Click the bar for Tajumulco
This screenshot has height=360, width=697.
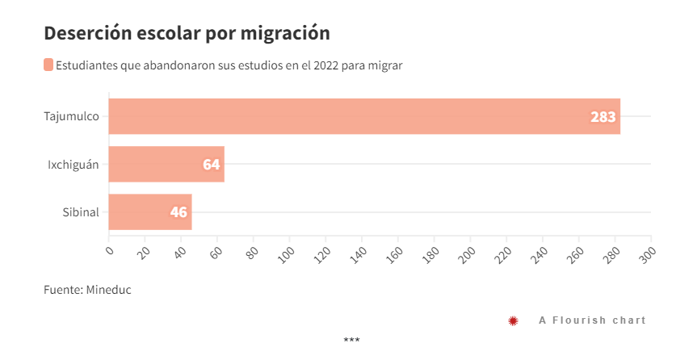tap(363, 116)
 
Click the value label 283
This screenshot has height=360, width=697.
tap(603, 117)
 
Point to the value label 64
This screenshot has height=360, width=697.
tap(211, 165)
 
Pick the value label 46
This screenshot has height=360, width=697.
tap(178, 213)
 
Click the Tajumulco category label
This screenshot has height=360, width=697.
tap(71, 116)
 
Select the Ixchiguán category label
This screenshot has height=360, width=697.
tap(73, 165)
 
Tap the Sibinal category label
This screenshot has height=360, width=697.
tap(81, 212)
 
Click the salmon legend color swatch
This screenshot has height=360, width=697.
tap(48, 65)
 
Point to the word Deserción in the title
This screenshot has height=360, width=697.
tap(84, 33)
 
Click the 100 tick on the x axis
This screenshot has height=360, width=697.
tap(287, 253)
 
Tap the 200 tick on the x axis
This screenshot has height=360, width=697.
tap(468, 253)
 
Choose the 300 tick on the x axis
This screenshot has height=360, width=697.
tap(649, 253)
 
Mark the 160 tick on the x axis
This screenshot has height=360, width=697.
tap(396, 253)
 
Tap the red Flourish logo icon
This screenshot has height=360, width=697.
tap(513, 320)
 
